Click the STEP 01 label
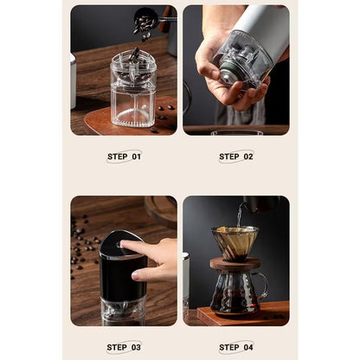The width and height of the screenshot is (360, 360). (x=123, y=157)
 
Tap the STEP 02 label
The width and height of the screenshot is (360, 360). (x=235, y=157)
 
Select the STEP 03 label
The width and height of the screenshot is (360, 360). (x=123, y=347)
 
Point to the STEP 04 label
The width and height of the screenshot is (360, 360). (x=235, y=347)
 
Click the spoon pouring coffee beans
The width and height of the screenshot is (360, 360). (x=147, y=18)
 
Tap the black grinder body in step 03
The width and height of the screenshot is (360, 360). (x=121, y=277)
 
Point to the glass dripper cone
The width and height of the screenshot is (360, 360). (x=236, y=241)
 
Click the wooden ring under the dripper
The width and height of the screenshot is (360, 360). (x=236, y=262)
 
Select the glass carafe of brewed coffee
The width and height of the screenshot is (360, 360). (x=234, y=292)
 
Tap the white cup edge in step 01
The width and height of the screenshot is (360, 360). (x=74, y=82)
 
